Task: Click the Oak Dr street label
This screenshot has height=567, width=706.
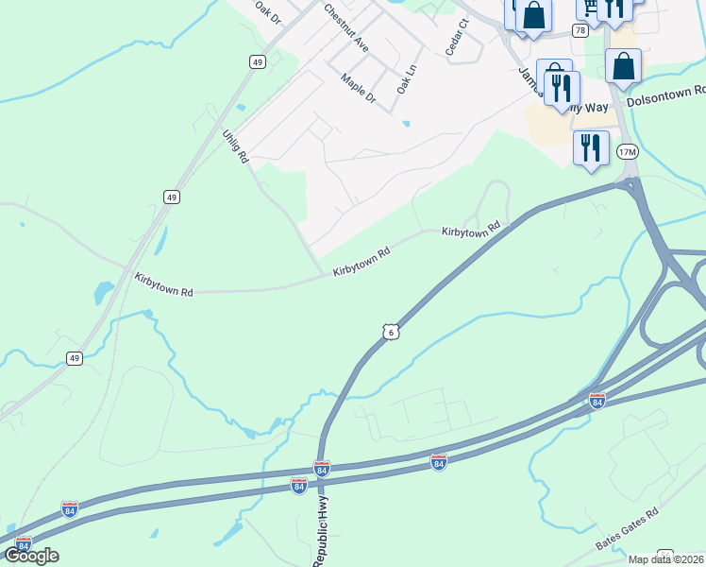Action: [x=268, y=12]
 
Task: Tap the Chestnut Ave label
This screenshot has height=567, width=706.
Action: [x=345, y=26]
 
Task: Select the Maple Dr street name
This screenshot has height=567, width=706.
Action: [x=359, y=90]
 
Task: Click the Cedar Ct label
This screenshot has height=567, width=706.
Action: [x=457, y=38]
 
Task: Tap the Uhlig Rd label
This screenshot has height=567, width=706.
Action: [x=235, y=146]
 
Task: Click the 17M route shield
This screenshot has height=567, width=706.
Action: [x=627, y=151]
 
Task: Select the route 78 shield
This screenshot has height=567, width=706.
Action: [x=580, y=30]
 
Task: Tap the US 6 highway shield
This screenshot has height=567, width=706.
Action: [x=392, y=331]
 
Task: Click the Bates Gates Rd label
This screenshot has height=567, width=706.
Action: [x=626, y=529]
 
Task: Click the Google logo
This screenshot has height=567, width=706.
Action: [x=32, y=556]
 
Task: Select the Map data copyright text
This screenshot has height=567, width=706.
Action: [x=665, y=559]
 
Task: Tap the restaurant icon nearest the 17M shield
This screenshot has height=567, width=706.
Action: [x=591, y=147]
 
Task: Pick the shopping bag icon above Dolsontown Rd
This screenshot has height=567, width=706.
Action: [x=623, y=66]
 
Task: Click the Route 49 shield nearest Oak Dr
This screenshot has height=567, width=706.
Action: [x=258, y=61]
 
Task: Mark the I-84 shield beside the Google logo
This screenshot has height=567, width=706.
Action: [x=24, y=543]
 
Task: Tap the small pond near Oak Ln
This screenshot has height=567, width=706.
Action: [x=406, y=124]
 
